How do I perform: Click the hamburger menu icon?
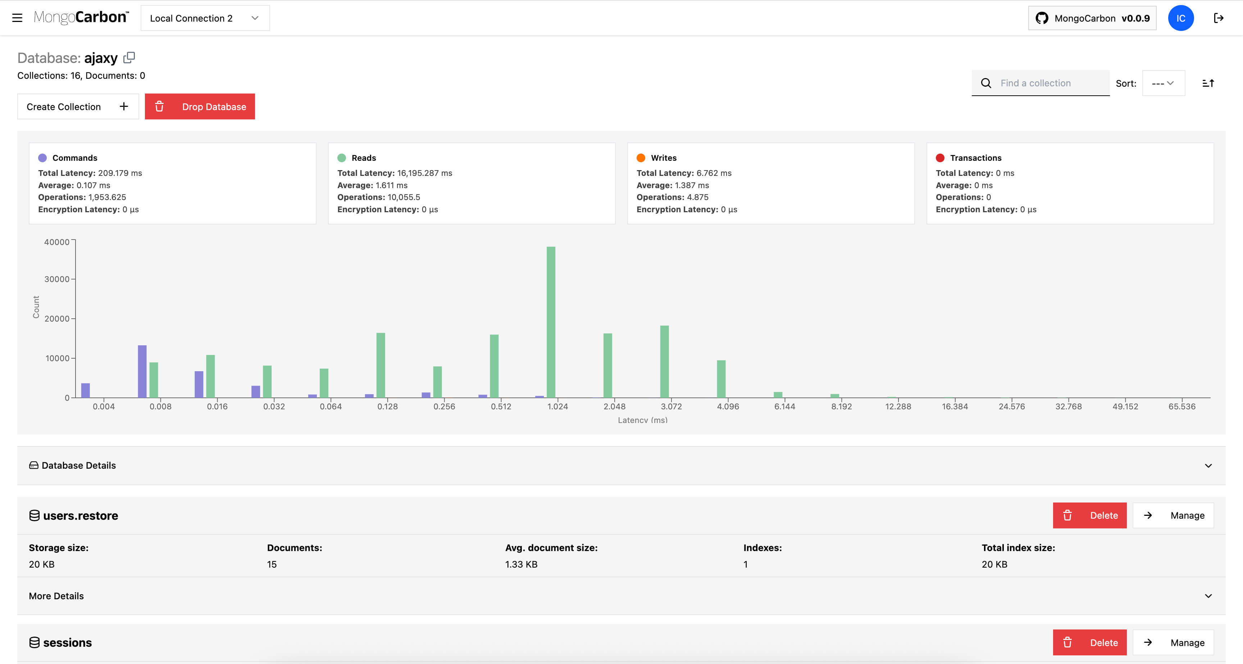pos(17,18)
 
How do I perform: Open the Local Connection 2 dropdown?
pos(205,18)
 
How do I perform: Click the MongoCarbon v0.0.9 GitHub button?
pos(1092,18)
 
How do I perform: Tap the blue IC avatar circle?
pos(1180,18)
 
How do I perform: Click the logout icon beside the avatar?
pos(1219,18)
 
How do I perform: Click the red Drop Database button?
pos(200,106)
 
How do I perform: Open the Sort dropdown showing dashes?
pos(1163,83)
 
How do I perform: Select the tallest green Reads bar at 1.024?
pos(551,322)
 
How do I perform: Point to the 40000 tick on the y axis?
pos(57,242)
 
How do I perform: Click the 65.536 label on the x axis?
pos(1182,406)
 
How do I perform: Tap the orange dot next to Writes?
pos(641,158)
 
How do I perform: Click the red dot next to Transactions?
pos(940,158)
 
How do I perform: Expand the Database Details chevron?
pos(1208,466)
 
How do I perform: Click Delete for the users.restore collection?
pos(1089,515)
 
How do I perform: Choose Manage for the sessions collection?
pos(1173,642)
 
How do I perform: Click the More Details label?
pos(56,596)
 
